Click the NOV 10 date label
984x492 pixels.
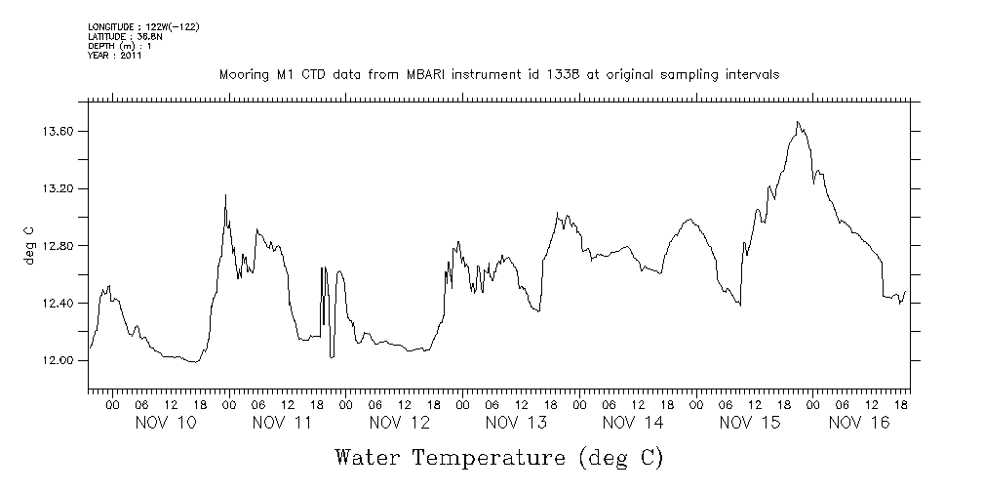coord(164,423)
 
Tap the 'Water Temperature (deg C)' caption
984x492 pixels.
coord(500,457)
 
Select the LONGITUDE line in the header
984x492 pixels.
coord(143,25)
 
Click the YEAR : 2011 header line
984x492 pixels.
coord(115,56)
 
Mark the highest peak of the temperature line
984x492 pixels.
coord(798,122)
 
